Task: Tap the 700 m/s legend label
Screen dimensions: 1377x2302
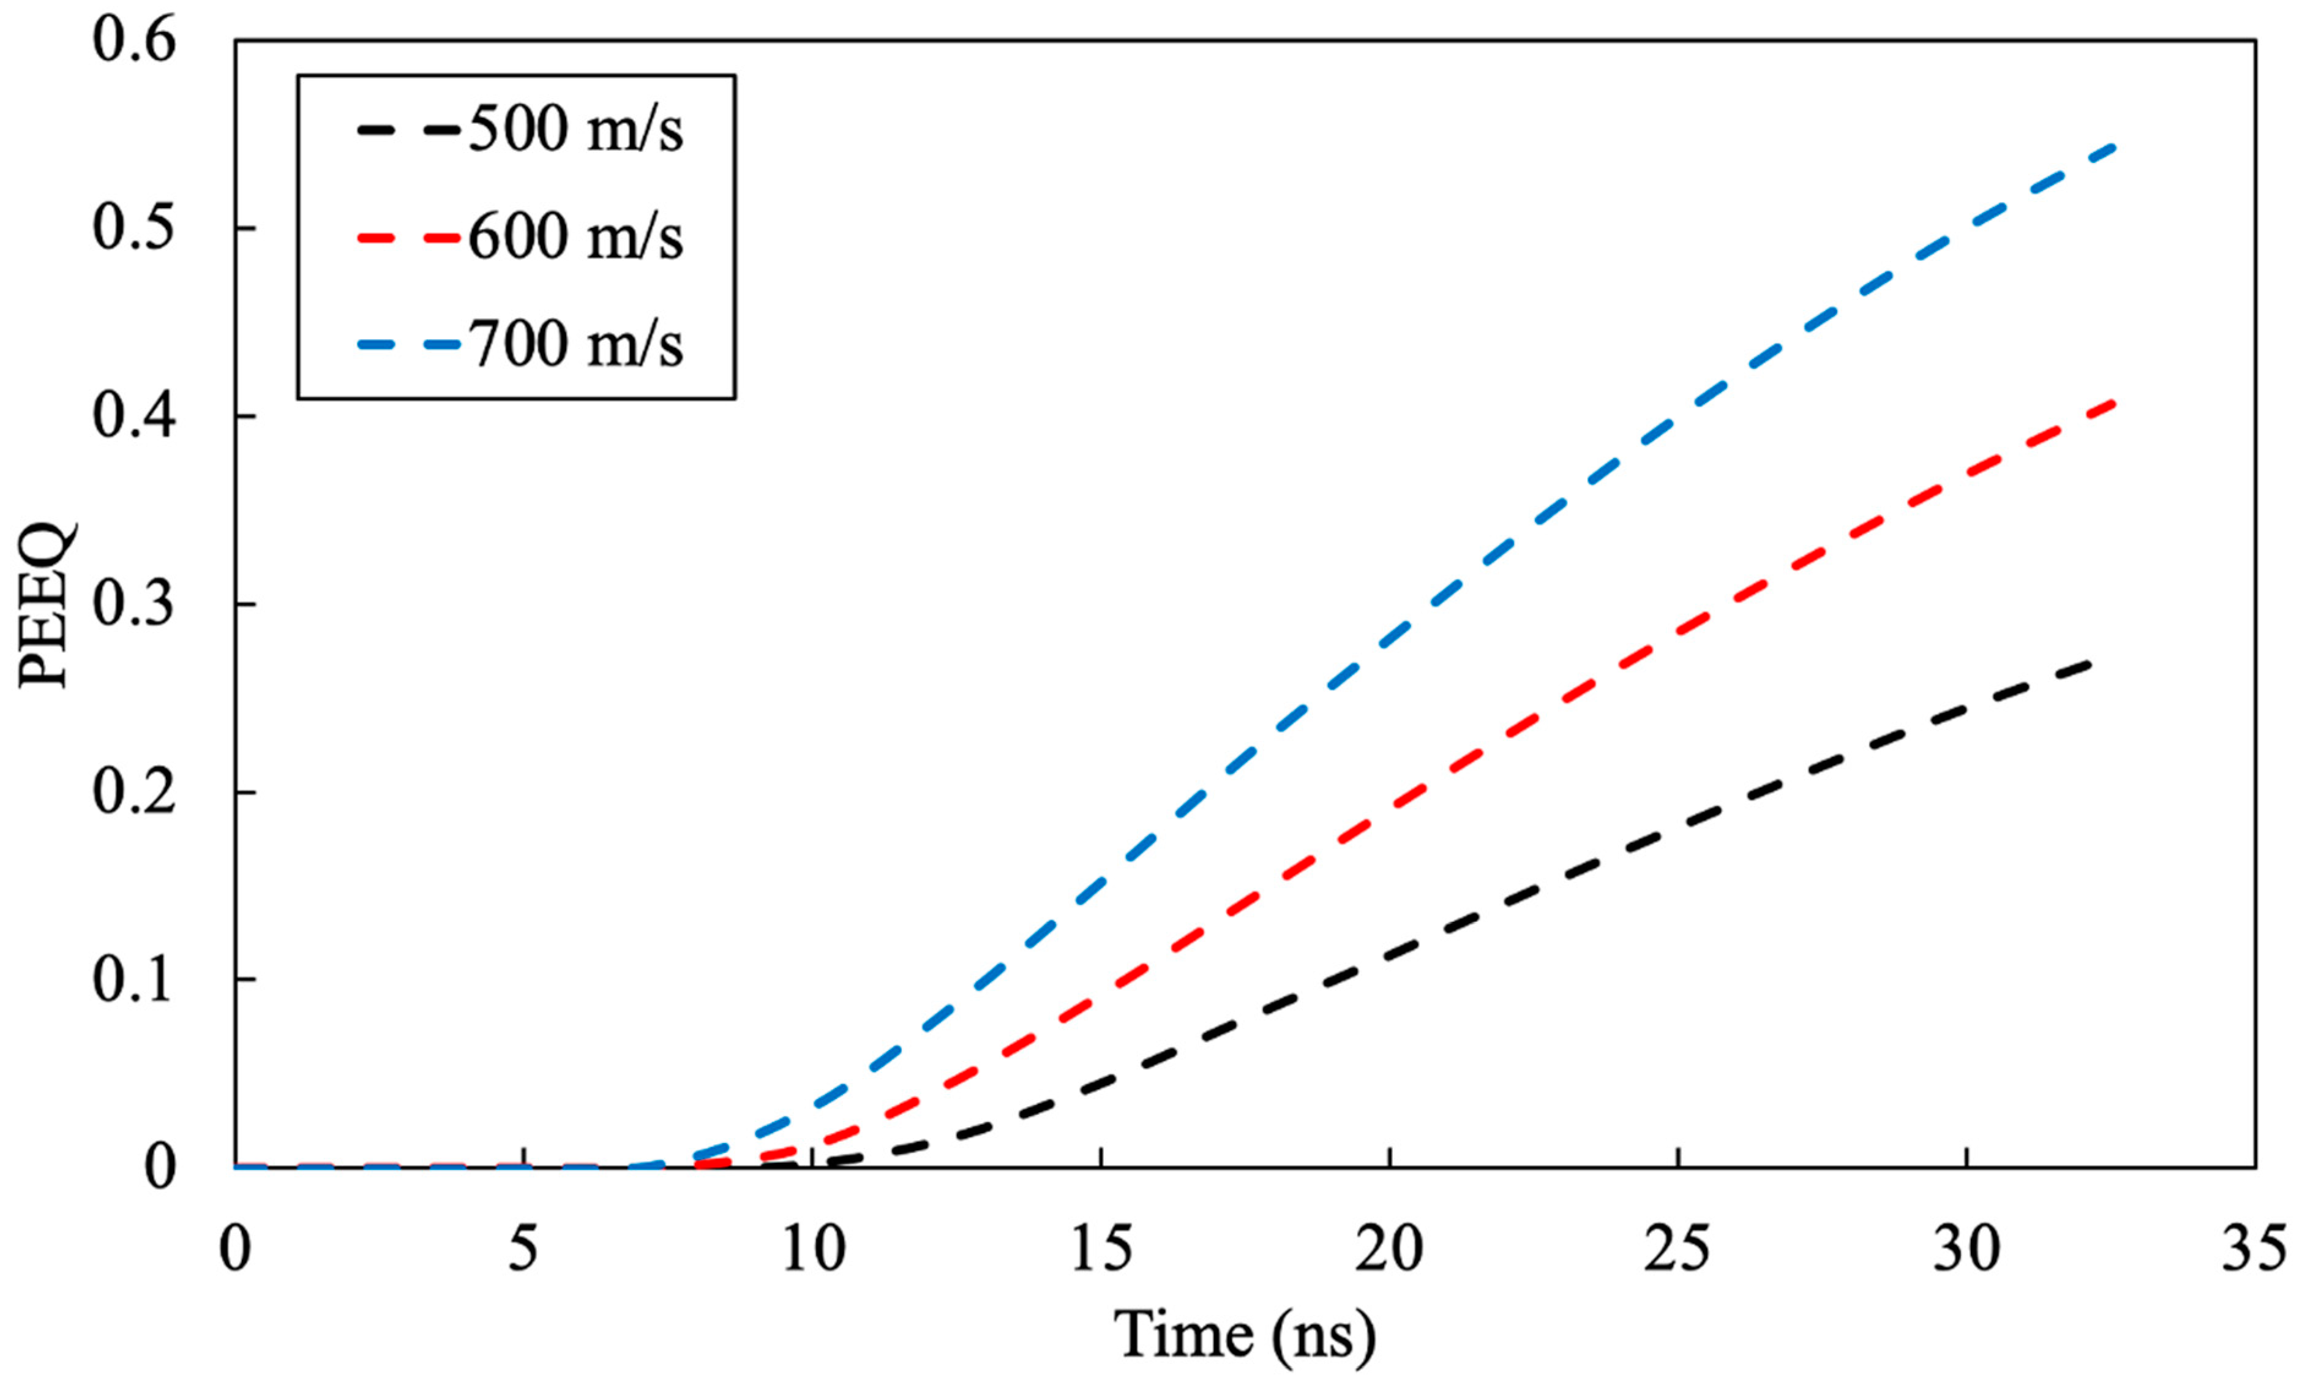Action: point(575,344)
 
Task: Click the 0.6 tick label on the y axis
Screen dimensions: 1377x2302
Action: point(135,42)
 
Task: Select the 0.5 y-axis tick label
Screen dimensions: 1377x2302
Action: point(135,229)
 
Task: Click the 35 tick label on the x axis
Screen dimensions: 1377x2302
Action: point(2254,1250)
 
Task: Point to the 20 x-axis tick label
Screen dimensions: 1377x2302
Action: point(1389,1250)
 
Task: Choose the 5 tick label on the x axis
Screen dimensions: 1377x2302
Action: point(524,1250)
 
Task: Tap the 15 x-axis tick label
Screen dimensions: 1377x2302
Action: point(1101,1250)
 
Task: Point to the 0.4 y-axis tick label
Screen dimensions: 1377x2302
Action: point(135,417)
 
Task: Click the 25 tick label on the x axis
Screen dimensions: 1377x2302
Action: point(1678,1250)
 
